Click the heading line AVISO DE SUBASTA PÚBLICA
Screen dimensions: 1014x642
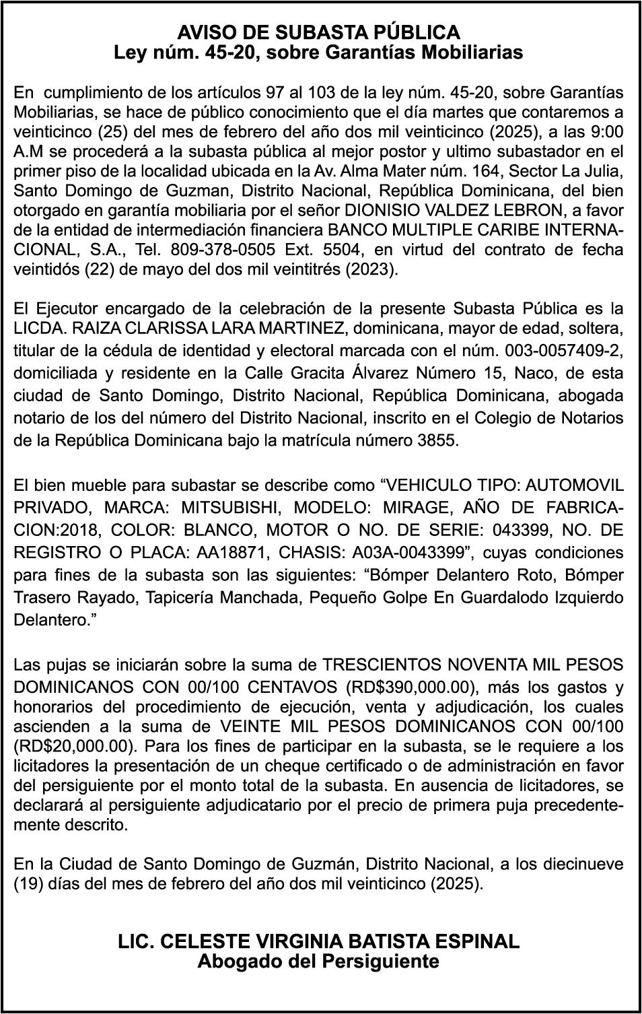point(319,32)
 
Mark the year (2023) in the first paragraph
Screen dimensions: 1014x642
point(374,270)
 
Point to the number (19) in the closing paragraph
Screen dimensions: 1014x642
point(27,883)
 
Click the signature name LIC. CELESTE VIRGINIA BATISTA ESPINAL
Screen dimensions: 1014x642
point(319,941)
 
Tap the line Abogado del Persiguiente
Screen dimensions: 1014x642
point(318,961)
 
